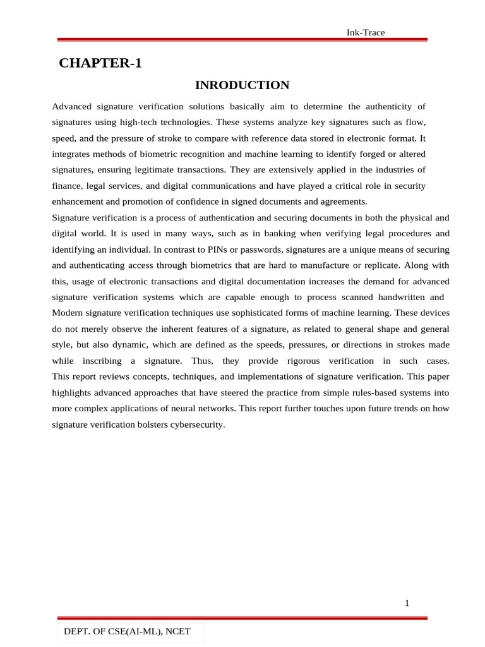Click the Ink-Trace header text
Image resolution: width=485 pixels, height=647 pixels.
(366, 32)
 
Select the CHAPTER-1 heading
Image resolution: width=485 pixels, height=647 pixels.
(100, 63)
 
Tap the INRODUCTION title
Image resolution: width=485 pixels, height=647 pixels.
(242, 85)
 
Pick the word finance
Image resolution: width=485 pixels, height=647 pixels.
(66, 186)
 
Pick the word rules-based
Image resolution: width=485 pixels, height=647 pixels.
(362, 392)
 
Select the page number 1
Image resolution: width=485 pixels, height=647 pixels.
(407, 603)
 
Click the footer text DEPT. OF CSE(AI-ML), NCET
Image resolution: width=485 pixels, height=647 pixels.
(127, 631)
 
